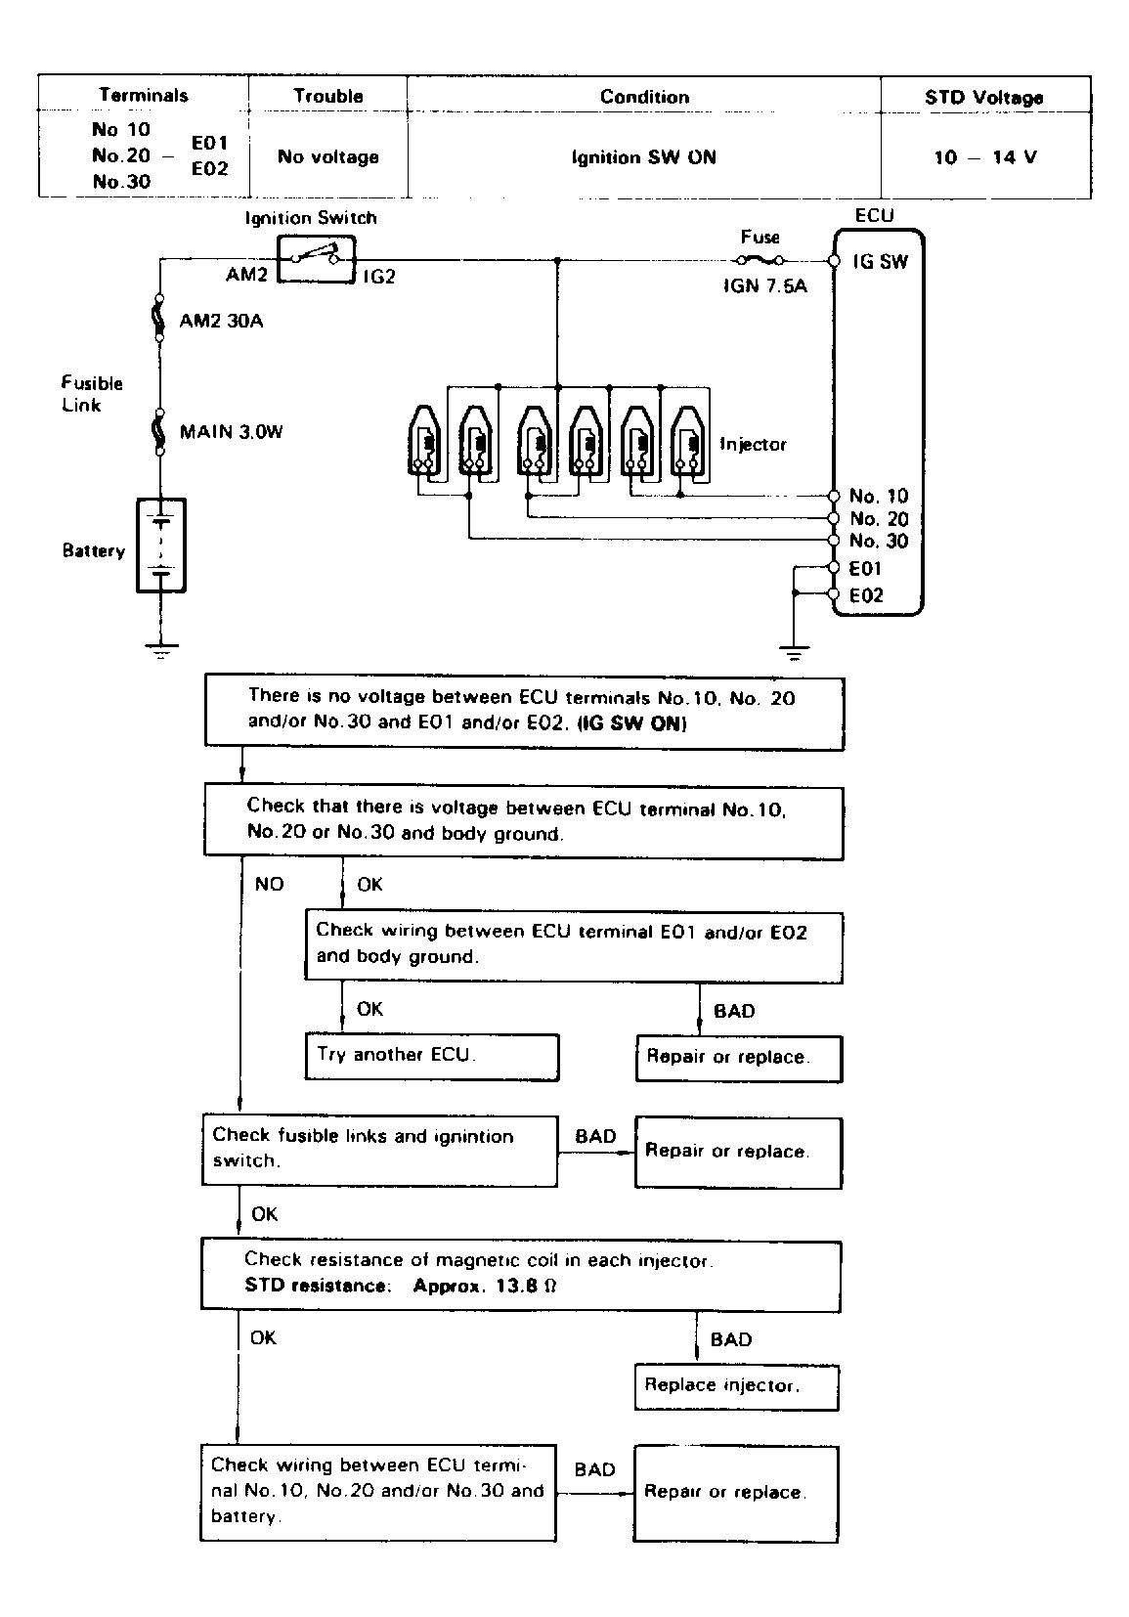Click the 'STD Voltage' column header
point(984,98)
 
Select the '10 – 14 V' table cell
point(985,157)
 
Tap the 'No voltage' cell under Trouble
point(328,156)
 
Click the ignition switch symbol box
point(316,260)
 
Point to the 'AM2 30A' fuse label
point(221,321)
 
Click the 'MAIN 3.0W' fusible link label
point(231,432)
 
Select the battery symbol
point(161,545)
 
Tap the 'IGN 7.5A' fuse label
point(765,285)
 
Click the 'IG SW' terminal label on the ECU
point(880,261)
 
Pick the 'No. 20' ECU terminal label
point(879,518)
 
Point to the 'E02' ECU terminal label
point(866,594)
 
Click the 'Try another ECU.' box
point(432,1057)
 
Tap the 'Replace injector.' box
point(736,1386)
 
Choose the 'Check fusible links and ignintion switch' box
point(379,1151)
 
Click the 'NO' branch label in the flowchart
point(269,884)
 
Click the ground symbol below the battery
point(161,650)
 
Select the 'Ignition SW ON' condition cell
point(644,157)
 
